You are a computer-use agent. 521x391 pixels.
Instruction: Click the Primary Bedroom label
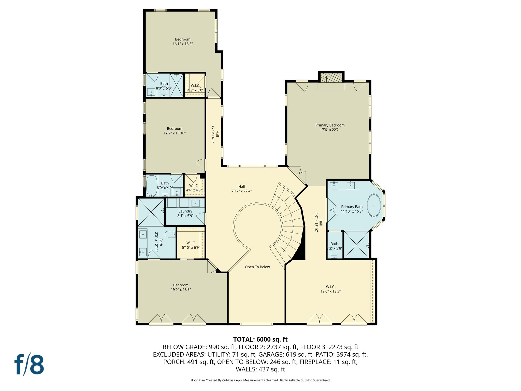330,125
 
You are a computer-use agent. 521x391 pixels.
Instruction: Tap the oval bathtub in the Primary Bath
374,205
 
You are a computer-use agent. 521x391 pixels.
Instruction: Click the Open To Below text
257,267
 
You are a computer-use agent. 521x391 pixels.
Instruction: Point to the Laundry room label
185,211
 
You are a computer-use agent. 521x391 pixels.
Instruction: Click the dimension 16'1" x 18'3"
183,44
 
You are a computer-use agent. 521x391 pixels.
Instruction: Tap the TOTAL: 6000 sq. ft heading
260,339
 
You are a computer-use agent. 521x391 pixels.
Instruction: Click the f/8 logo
29,364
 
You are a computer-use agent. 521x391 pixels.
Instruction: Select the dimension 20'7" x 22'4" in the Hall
241,191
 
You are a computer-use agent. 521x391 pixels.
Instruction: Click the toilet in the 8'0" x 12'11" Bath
170,234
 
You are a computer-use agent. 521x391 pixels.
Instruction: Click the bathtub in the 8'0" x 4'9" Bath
152,186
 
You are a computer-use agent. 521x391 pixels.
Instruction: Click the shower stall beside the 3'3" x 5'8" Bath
356,245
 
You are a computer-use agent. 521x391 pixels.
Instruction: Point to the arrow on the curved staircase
275,195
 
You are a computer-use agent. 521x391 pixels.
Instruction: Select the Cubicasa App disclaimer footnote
260,380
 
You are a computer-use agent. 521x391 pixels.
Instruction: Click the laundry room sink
195,203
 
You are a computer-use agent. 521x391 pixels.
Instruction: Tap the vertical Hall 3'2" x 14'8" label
215,134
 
